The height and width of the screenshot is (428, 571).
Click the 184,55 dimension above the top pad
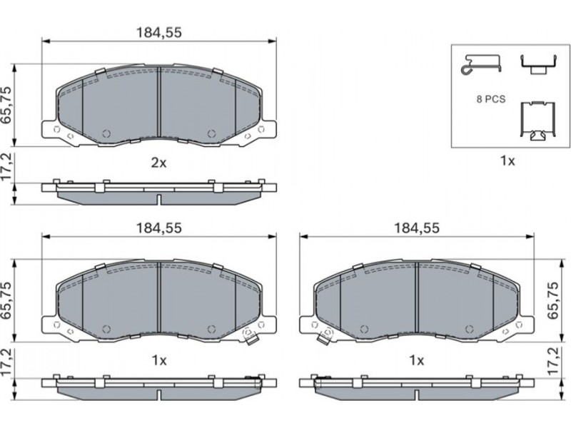pyautogui.click(x=158, y=33)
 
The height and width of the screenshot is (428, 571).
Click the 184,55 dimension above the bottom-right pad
pyautogui.click(x=417, y=228)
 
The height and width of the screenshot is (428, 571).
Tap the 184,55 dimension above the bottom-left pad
pyautogui.click(x=158, y=228)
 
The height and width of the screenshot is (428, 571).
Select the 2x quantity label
pyautogui.click(x=158, y=163)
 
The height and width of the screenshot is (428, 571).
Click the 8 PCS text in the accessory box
pyautogui.click(x=491, y=99)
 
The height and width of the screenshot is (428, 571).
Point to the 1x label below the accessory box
pyautogui.click(x=507, y=160)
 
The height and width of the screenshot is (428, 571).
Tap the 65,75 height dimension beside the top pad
pyautogui.click(x=7, y=105)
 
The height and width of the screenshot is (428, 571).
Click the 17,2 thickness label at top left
pyautogui.click(x=7, y=167)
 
